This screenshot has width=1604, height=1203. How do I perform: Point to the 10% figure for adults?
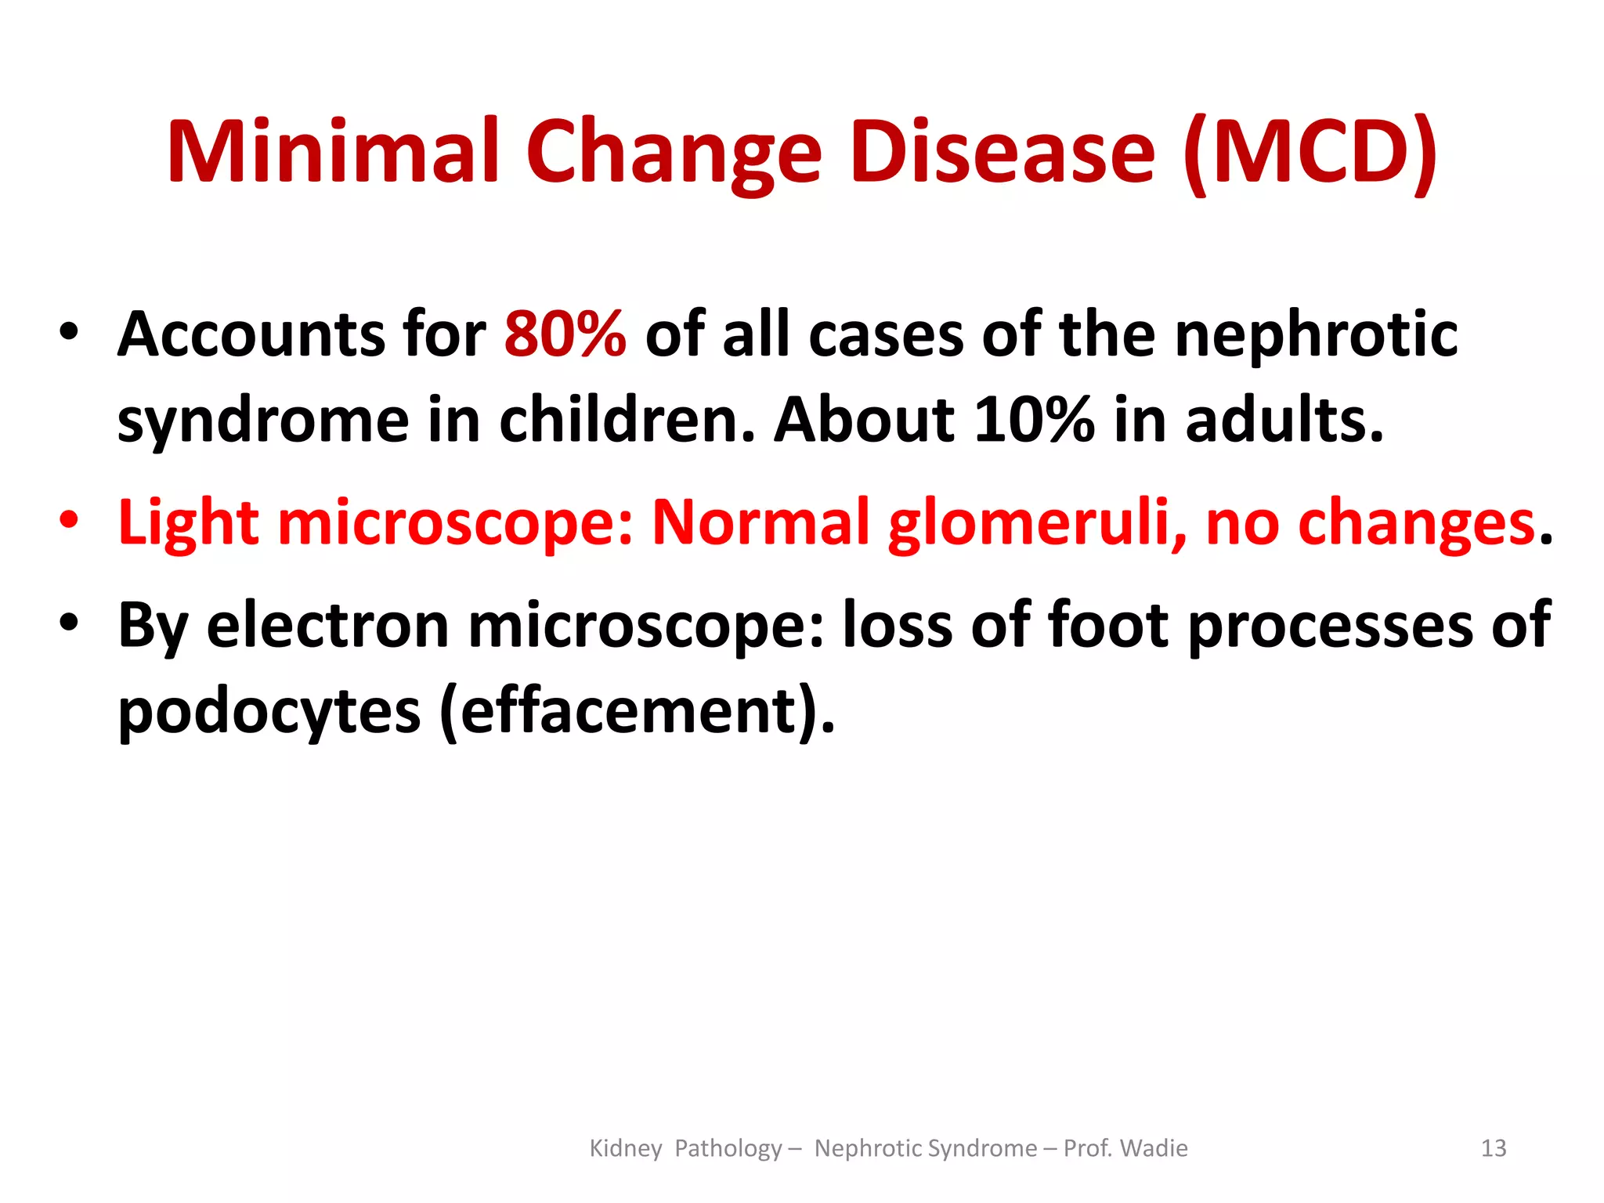coord(1033,420)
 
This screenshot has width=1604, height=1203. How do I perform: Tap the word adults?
coord(1284,420)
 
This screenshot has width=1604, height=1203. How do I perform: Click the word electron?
coord(327,625)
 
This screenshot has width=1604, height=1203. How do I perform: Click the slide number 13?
coord(1494,1148)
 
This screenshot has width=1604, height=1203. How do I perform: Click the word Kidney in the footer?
coord(625,1148)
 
